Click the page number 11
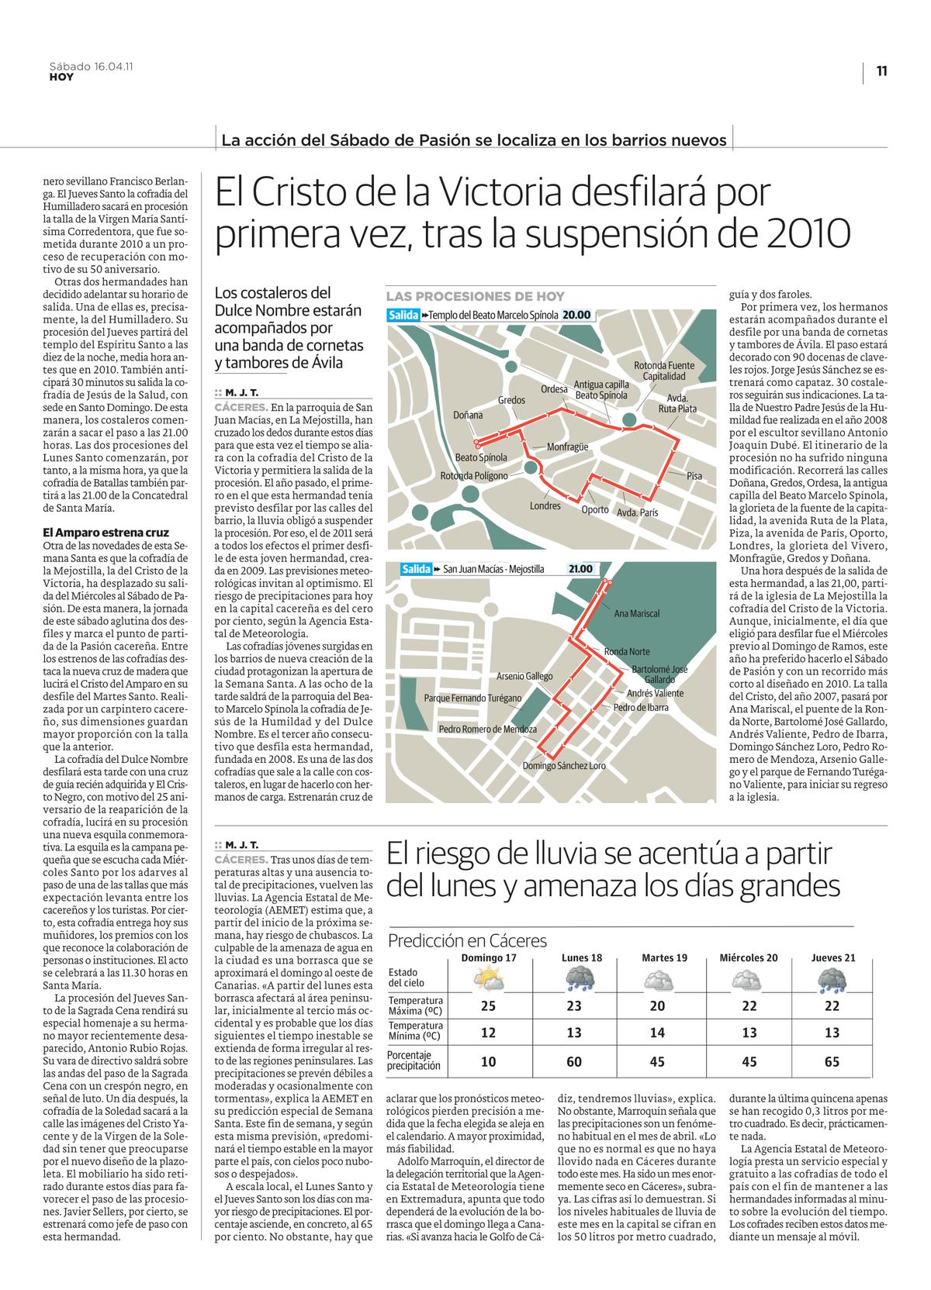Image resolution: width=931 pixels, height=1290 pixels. pos(881,71)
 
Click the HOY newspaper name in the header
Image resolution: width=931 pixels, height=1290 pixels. pos(61,78)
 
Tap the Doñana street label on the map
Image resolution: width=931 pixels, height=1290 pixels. pos(468,415)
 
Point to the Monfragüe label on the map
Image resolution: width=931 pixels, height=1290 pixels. pos(567,447)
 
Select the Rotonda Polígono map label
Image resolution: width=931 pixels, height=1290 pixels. pos(474,476)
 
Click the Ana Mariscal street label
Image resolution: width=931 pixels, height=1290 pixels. pos(636,613)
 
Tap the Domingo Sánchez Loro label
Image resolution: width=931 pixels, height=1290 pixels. pos(564,765)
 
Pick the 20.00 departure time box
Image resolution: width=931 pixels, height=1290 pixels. pos(576,316)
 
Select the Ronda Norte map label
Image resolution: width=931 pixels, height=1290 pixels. pos(627,652)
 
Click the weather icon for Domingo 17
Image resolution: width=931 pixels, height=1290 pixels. pos(489,981)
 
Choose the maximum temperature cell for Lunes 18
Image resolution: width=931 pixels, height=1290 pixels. pos(574,1006)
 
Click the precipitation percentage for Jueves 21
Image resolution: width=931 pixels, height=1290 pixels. pos(832,1061)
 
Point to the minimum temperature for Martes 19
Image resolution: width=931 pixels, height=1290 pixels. pos(657,1033)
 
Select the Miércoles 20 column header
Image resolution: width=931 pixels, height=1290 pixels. pos(748,957)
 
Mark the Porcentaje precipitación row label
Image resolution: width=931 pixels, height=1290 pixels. pos(414,1061)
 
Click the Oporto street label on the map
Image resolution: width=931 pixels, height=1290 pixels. pos(595,509)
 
